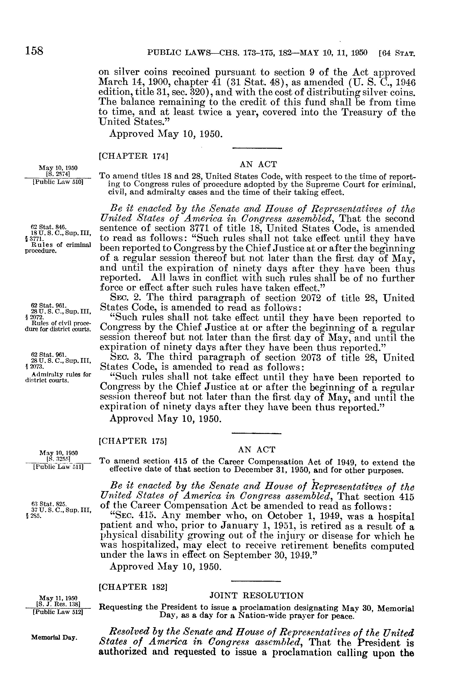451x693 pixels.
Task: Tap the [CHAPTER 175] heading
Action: click(x=133, y=441)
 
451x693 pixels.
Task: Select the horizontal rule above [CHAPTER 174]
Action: click(x=257, y=149)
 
